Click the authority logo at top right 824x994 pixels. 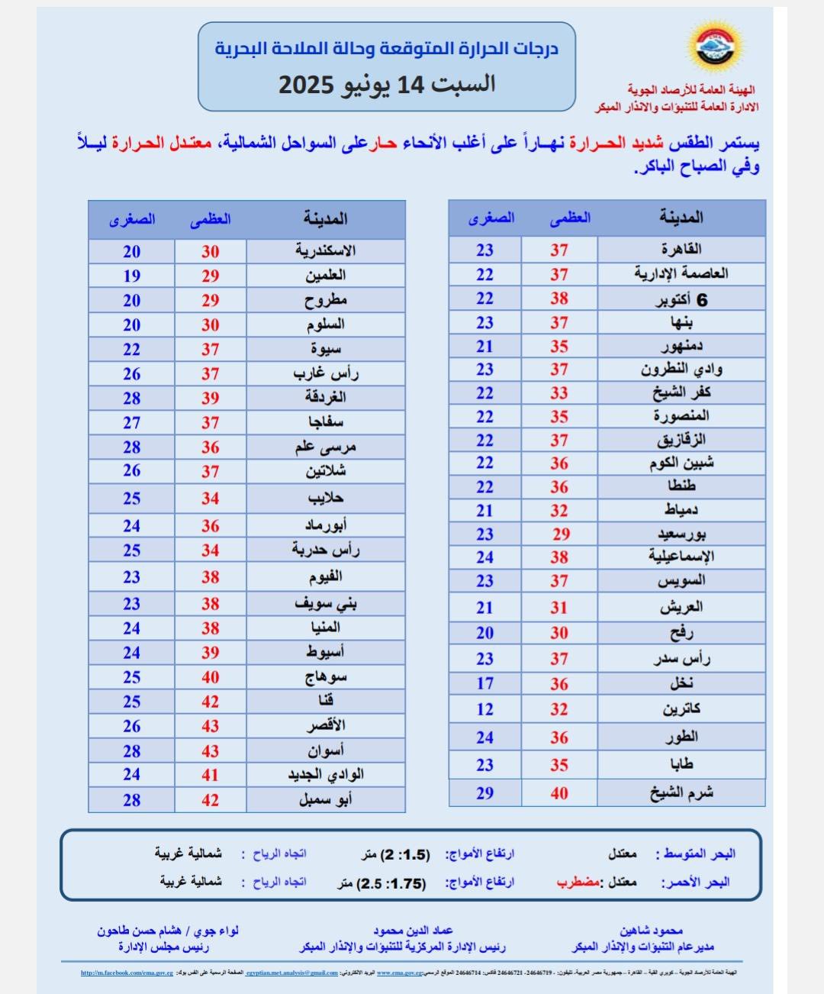coord(717,47)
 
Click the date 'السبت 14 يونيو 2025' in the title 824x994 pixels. coord(387,84)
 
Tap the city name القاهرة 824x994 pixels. coord(681,250)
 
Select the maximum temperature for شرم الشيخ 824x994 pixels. coord(559,793)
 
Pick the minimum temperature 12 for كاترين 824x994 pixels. coord(485,709)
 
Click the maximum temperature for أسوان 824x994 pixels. coord(211,751)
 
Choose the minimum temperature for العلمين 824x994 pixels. coord(132,276)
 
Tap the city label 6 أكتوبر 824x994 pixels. coord(681,299)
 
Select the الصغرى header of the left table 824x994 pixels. coord(132,220)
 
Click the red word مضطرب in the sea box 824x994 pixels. coord(578,882)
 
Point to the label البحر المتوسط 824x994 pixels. coord(699,854)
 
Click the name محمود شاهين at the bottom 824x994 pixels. coord(650,931)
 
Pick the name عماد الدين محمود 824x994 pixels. coord(413,931)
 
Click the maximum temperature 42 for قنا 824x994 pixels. coord(211,702)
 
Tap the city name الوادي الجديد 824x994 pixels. coord(326,775)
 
